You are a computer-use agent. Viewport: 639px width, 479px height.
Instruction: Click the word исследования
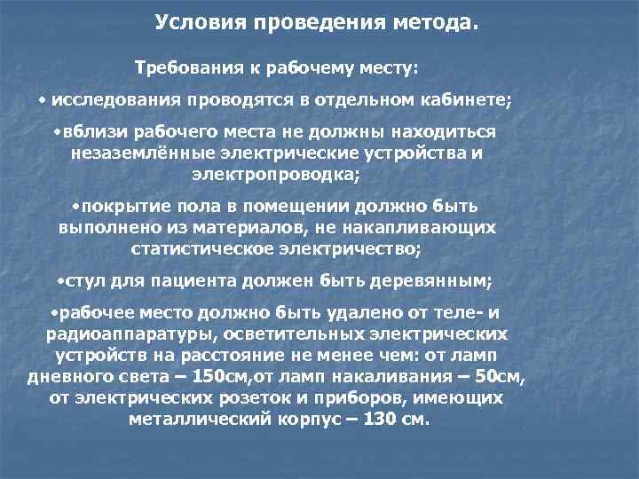(110, 98)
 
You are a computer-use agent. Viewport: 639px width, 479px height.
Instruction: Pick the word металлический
(192, 420)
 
